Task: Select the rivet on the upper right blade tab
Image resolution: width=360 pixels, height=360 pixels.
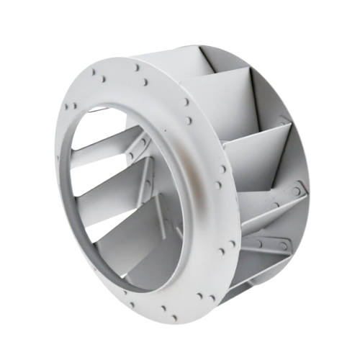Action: pos(295,192)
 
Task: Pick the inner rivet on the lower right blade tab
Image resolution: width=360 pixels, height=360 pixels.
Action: pos(258,243)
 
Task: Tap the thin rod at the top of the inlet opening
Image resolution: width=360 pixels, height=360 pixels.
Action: pos(108,109)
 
